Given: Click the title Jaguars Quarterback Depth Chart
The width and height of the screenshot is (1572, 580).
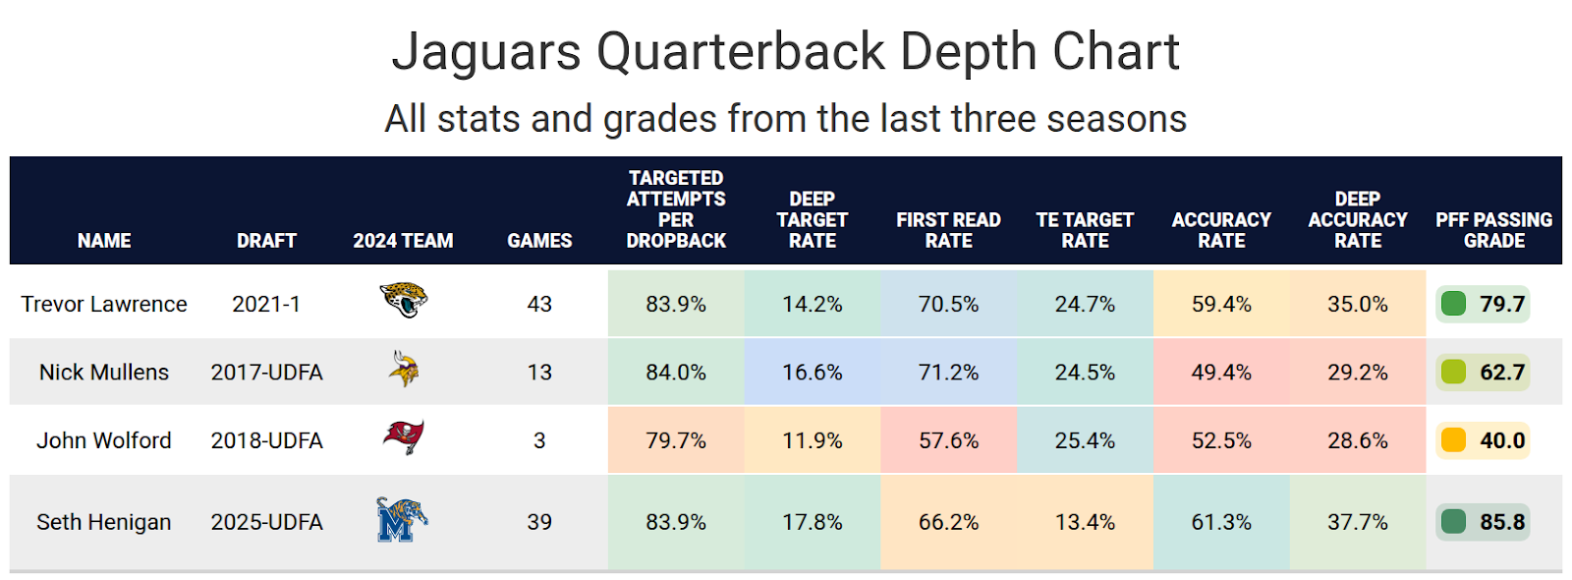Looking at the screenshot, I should click(x=785, y=51).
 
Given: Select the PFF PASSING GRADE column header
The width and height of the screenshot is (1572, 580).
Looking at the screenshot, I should click(x=1493, y=230).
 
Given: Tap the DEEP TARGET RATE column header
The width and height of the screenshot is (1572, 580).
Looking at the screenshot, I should click(x=812, y=219).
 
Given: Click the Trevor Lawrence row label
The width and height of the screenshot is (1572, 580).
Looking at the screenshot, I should click(x=104, y=304).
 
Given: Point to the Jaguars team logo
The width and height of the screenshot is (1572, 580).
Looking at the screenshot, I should click(x=403, y=300).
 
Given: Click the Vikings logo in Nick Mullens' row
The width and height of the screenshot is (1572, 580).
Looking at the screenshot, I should click(x=403, y=369).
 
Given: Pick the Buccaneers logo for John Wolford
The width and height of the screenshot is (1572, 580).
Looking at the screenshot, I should click(x=403, y=437).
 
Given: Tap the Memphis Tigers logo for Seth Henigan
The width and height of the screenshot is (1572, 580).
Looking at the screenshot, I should click(x=401, y=520).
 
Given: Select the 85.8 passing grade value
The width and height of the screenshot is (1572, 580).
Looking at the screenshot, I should click(x=1502, y=522).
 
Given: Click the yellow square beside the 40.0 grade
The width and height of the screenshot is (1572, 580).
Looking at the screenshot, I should click(x=1453, y=439).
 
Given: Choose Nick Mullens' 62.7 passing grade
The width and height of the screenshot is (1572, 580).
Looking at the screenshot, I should click(x=1502, y=373).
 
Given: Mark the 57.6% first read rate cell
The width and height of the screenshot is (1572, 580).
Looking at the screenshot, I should click(x=948, y=440).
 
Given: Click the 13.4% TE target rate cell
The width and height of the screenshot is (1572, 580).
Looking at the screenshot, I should click(x=1085, y=522).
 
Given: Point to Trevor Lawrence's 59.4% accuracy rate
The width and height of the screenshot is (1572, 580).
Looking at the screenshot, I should click(x=1221, y=304).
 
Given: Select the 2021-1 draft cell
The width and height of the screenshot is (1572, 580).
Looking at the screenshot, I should click(x=266, y=304).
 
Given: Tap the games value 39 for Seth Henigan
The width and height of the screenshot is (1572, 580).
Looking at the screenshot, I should click(x=539, y=522).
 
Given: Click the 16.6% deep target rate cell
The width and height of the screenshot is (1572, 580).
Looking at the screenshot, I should click(x=812, y=373).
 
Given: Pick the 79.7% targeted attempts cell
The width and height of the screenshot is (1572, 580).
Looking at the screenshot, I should click(x=676, y=440).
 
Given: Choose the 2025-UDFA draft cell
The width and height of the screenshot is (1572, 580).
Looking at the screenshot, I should click(x=266, y=522).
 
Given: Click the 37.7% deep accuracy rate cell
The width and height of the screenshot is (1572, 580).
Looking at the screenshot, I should click(x=1357, y=522).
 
